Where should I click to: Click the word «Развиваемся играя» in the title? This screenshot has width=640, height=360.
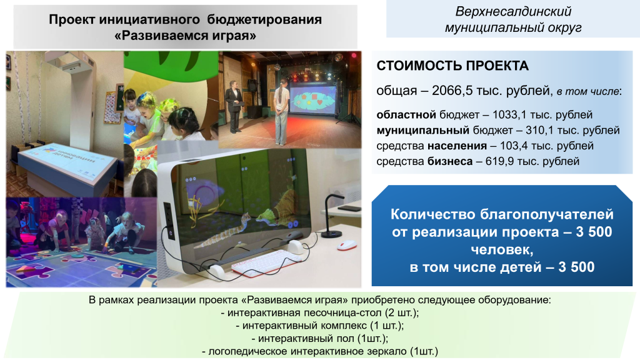pos(186,36)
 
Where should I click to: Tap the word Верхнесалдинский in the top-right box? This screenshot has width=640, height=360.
pos(513,12)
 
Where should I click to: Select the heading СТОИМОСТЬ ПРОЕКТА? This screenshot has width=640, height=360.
pos(452,66)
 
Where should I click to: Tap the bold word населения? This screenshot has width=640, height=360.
pos(455,146)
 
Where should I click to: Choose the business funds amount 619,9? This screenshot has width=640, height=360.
pos(494,161)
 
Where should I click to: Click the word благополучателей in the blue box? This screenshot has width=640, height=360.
pos(541,214)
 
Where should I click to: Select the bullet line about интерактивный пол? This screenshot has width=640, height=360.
pos(319,338)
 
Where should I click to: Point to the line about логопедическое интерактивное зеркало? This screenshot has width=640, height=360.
pos(319,351)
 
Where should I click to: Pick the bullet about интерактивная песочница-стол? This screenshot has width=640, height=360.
pos(319,312)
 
